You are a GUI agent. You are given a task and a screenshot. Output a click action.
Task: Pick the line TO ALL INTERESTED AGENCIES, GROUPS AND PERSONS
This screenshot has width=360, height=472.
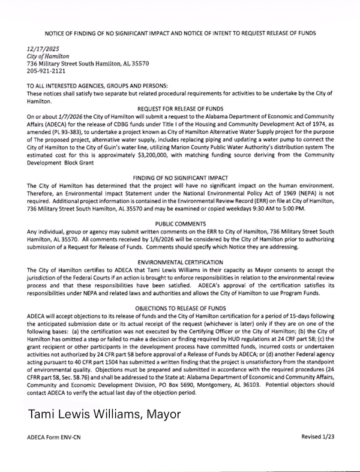click(x=110, y=86)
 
